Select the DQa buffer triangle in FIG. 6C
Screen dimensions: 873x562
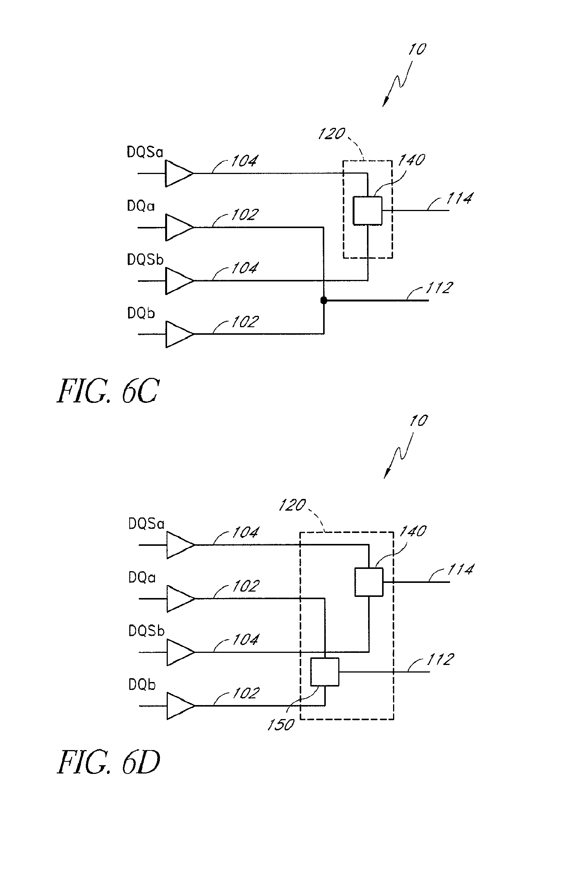(179, 227)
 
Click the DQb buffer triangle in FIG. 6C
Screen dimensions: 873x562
(179, 334)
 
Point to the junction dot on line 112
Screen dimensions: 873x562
(324, 300)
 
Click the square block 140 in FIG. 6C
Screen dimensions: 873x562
(367, 211)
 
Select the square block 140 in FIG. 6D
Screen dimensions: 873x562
(368, 582)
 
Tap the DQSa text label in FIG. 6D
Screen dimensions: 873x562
(146, 524)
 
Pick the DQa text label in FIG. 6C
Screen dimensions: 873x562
(141, 207)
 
